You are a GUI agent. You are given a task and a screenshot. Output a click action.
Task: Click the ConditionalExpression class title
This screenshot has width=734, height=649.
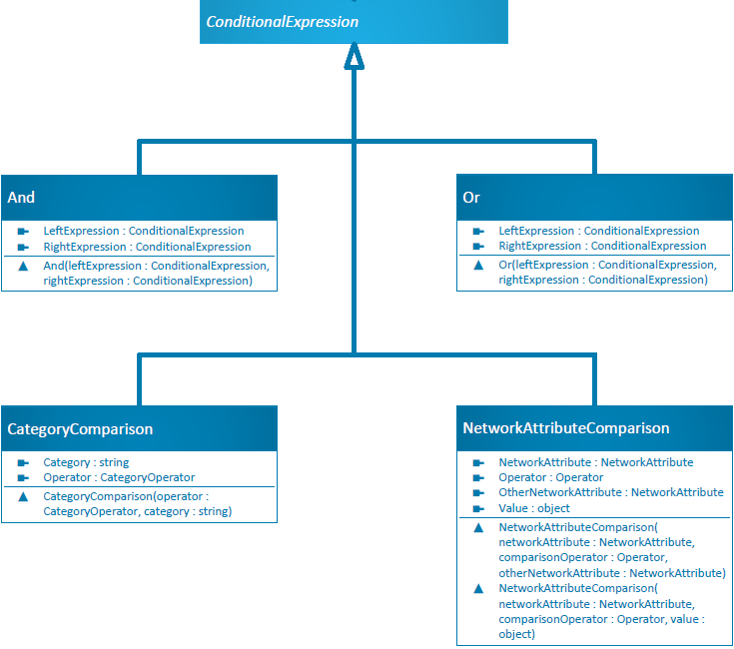[x=283, y=22]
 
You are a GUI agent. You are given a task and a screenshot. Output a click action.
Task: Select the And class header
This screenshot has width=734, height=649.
[x=22, y=198]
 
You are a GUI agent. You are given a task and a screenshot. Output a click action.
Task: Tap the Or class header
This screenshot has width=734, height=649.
[x=471, y=198]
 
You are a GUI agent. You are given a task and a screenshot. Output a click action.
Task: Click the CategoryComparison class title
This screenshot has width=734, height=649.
[x=80, y=429]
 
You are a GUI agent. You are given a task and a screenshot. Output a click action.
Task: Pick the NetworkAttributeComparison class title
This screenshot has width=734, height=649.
[x=566, y=428]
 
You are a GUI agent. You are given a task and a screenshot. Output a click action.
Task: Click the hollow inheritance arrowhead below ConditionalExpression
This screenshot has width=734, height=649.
[x=354, y=58]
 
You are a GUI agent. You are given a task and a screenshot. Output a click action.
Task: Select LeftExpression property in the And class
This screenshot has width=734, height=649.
[x=144, y=231]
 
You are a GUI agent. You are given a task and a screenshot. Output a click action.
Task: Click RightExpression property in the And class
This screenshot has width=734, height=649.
[x=147, y=247]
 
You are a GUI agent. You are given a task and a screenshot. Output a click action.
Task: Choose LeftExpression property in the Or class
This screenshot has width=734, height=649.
[x=599, y=231]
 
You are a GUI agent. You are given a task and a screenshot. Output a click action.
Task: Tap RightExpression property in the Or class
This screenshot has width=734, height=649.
[x=602, y=246]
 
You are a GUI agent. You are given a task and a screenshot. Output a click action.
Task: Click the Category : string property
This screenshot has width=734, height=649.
[x=86, y=462]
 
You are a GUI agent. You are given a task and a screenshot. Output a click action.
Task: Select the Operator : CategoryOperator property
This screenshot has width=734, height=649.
[x=119, y=477]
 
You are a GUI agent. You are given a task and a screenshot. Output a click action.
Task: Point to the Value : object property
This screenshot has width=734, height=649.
[x=534, y=508]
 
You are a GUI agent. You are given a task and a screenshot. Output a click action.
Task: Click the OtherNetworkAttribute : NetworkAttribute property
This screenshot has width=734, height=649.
[x=611, y=492]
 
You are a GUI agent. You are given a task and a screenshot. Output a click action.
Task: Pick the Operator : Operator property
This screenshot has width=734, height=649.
[x=551, y=477]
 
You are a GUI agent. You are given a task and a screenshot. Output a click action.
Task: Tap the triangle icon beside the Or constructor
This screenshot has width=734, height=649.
[x=478, y=266]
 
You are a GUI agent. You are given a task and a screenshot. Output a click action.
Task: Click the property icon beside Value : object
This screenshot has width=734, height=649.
[x=478, y=508]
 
